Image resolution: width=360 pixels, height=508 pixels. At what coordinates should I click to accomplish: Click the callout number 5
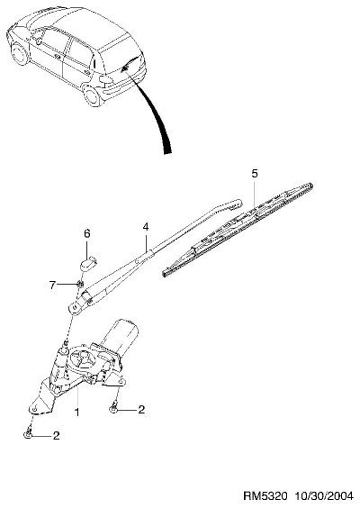pos(255,174)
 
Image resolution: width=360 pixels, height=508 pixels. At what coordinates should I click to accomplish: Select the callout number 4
pos(146,227)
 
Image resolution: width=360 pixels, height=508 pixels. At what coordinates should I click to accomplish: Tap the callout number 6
pos(86,233)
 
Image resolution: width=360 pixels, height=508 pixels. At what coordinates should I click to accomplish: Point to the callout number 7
pos(52,286)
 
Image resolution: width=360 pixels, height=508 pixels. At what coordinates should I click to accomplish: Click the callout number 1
pos(77,413)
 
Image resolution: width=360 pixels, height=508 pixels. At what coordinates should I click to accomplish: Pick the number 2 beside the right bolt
pos(141,410)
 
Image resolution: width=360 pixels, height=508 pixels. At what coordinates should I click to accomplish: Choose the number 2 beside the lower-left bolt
pos(57,435)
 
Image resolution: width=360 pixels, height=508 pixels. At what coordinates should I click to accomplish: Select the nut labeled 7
pos(79,284)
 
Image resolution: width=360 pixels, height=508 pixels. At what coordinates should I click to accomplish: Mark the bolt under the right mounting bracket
pos(113,409)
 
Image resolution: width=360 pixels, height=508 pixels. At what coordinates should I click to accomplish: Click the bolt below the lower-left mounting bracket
pos(28,433)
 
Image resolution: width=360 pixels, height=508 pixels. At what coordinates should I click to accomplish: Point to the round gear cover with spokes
pos(83,359)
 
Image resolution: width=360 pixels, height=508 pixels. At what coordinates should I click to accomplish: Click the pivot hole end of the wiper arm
pos(75,307)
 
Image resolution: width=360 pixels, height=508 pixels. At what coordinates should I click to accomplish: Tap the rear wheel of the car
pos(93,95)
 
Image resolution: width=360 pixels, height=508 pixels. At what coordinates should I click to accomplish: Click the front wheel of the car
pos(20,53)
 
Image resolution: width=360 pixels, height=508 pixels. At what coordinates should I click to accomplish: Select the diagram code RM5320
pos(265,496)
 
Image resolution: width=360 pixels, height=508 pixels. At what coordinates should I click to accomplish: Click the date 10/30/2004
pos(324,496)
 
